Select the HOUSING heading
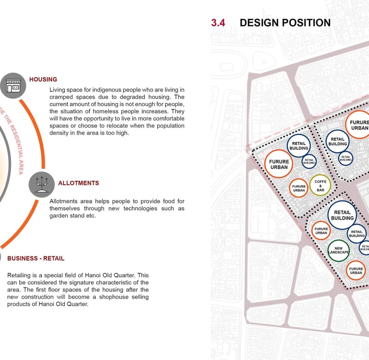point(43,79)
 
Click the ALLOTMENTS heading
point(78,183)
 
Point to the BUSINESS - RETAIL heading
point(36,258)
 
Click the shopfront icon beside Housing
point(13,86)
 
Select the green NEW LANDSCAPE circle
point(338,250)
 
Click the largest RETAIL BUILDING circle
point(343,215)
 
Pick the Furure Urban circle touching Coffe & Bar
point(299,188)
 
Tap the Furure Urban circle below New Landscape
point(356,270)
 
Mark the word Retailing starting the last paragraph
point(20,276)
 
